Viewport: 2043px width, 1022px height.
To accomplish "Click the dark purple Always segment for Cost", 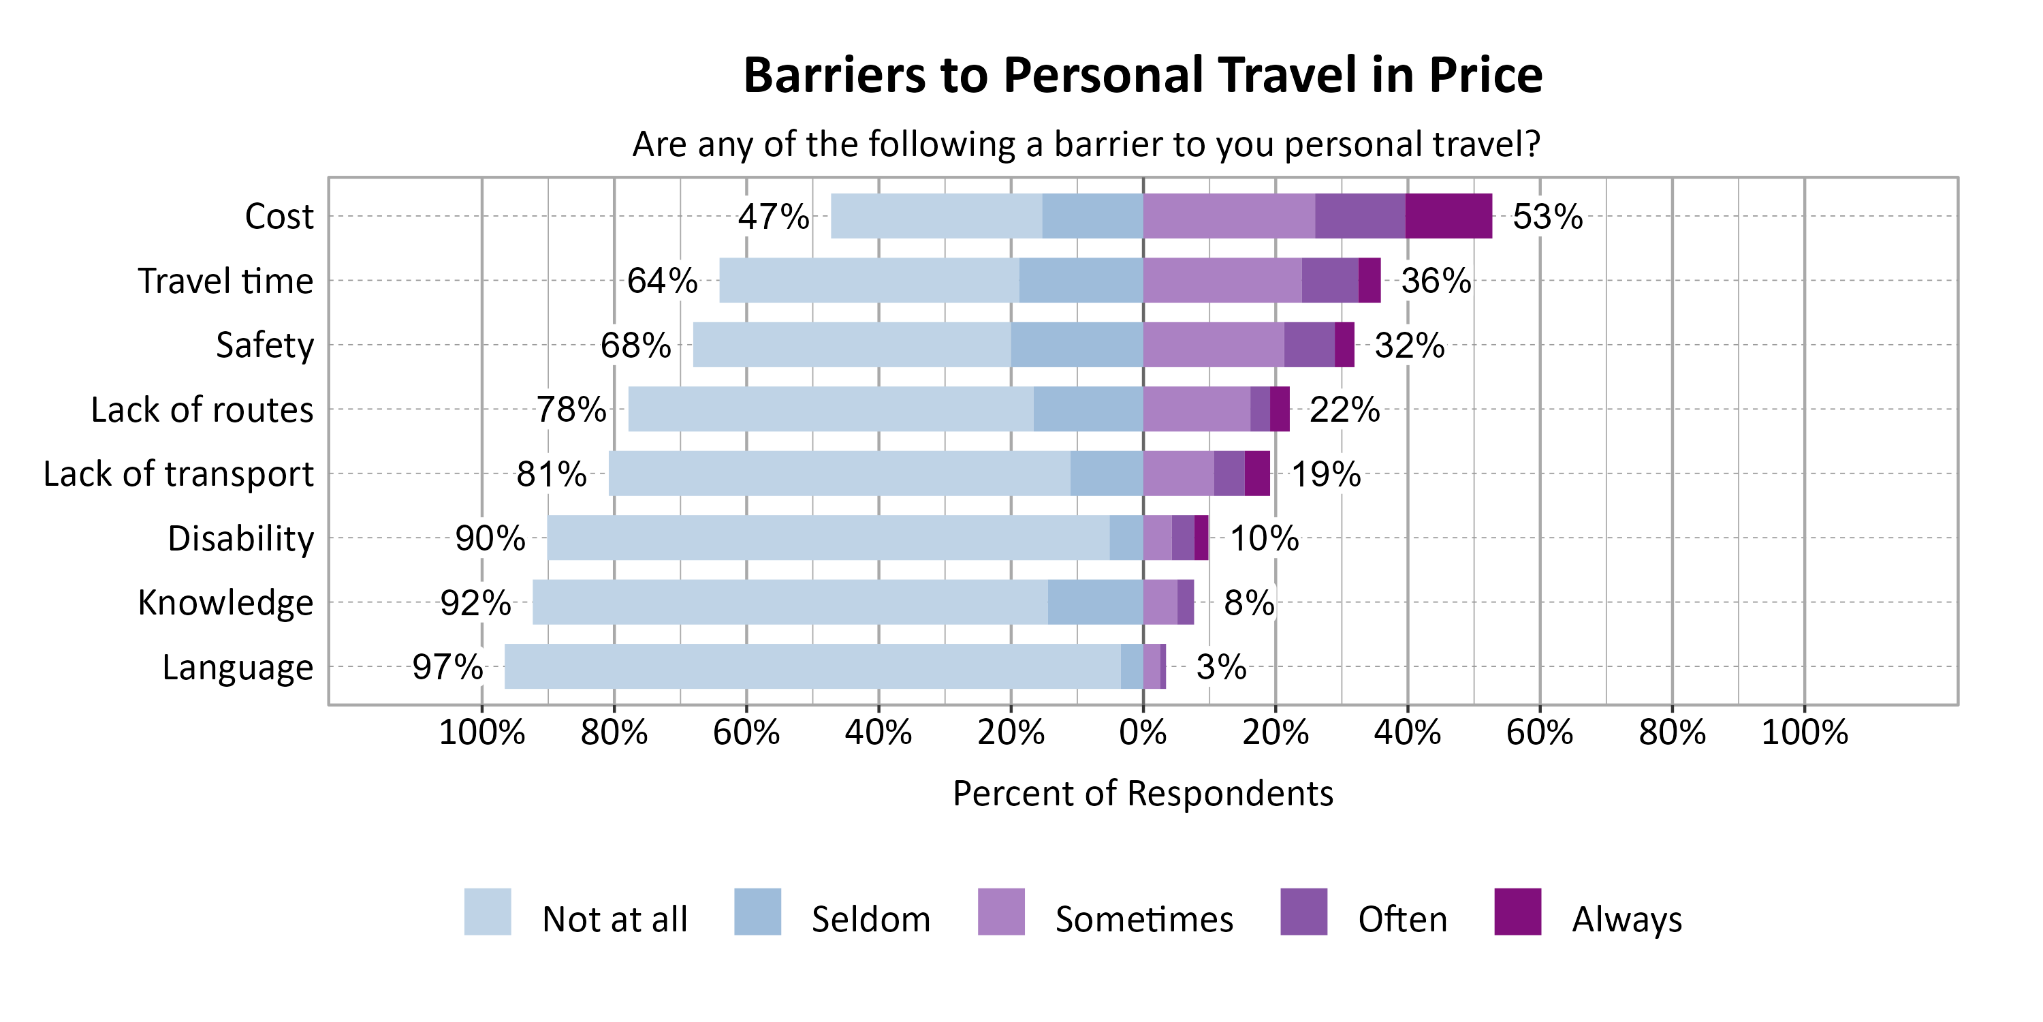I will (x=1448, y=216).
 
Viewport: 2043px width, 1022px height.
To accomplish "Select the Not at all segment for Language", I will (x=812, y=666).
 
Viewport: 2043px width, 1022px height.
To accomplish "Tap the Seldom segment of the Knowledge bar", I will (x=1094, y=602).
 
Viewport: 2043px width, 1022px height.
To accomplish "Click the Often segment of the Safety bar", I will (x=1309, y=344).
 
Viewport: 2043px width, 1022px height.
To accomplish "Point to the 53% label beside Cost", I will (x=1547, y=217).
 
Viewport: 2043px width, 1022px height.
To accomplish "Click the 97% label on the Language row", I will (x=447, y=666).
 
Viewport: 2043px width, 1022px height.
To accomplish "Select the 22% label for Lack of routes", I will (x=1344, y=409).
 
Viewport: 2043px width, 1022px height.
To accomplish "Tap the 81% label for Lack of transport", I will (x=551, y=474).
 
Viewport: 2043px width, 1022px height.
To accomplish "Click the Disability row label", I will (x=240, y=539).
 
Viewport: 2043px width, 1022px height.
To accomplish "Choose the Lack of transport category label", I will (x=178, y=474).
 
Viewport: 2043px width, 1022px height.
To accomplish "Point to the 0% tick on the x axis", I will (x=1142, y=732).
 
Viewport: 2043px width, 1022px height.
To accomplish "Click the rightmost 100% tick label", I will (x=1804, y=732).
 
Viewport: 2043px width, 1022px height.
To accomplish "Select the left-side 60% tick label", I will (x=746, y=732).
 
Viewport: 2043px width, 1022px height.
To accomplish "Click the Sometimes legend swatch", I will (x=1001, y=911).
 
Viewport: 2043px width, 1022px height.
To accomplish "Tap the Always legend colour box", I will (x=1517, y=911).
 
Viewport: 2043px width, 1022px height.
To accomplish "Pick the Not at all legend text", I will (x=615, y=919).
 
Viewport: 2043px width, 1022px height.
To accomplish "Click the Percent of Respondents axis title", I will (x=1142, y=794).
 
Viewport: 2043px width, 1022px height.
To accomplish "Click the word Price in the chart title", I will (x=1485, y=76).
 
